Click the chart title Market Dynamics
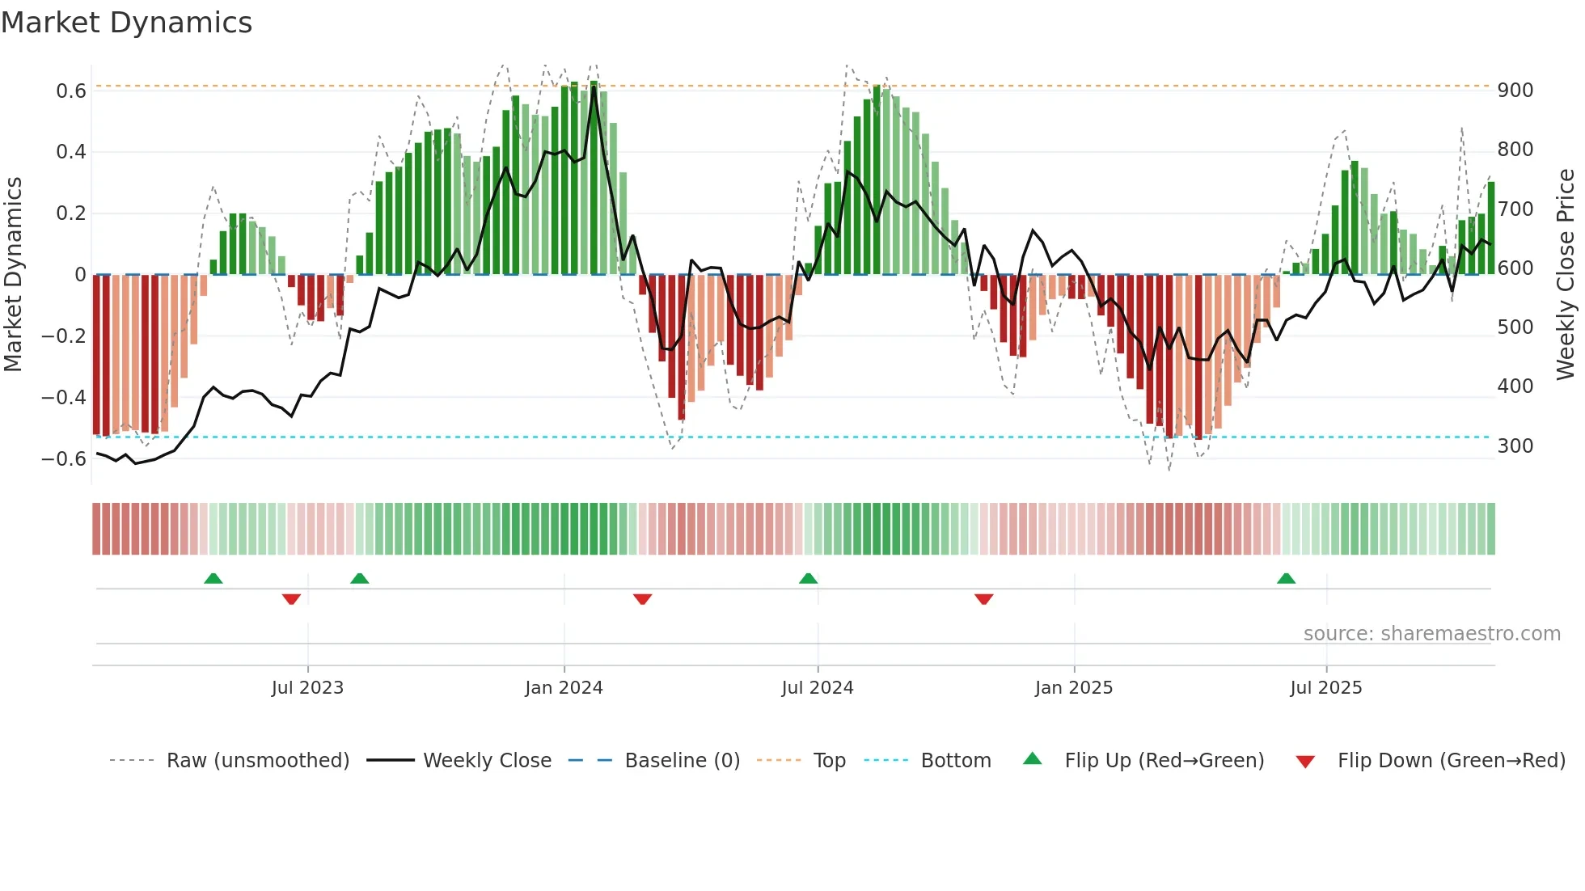[126, 23]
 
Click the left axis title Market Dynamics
[13, 275]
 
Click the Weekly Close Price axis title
[1566, 275]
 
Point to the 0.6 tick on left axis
[71, 91]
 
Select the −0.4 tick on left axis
[64, 397]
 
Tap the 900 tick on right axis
[1515, 90]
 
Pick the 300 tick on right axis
[1515, 445]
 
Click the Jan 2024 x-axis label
[564, 687]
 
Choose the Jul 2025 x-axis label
[1325, 687]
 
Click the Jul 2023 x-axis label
[307, 687]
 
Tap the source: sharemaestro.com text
[1431, 633]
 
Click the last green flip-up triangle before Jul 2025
[1286, 578]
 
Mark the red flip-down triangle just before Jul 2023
[291, 598]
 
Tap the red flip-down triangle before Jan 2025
[983, 598]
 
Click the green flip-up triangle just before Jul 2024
[808, 578]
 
